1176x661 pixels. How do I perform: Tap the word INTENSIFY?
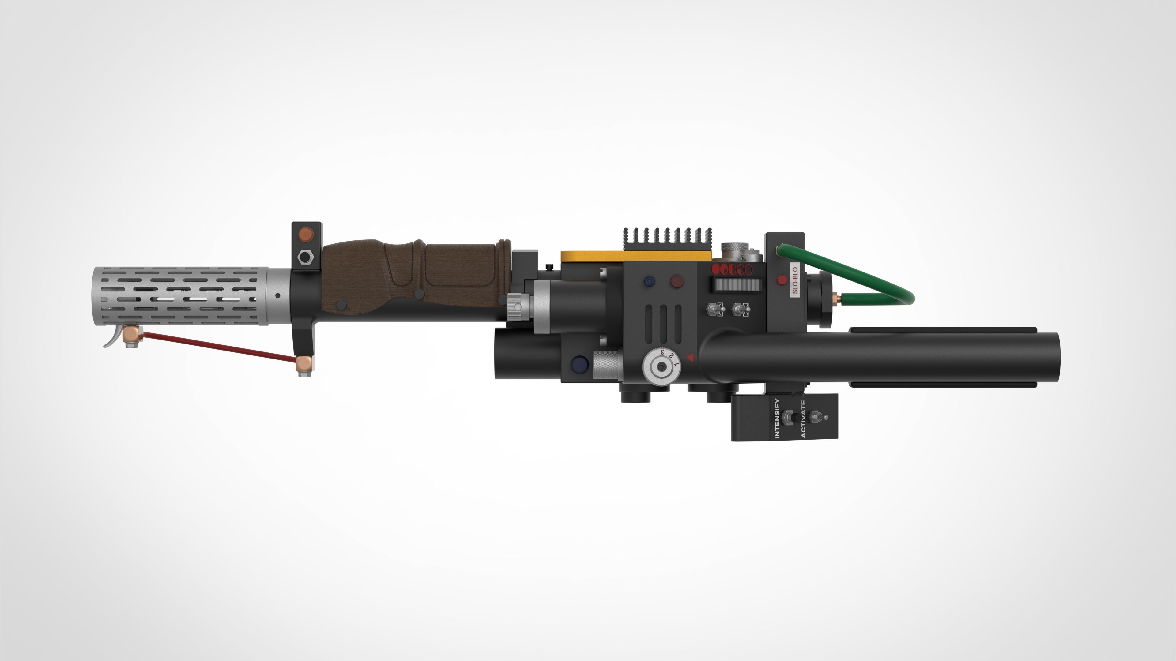[778, 418]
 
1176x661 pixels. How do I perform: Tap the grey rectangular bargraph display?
[736, 284]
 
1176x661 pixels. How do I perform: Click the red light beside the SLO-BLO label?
[782, 280]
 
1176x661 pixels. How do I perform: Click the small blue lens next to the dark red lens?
[648, 281]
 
